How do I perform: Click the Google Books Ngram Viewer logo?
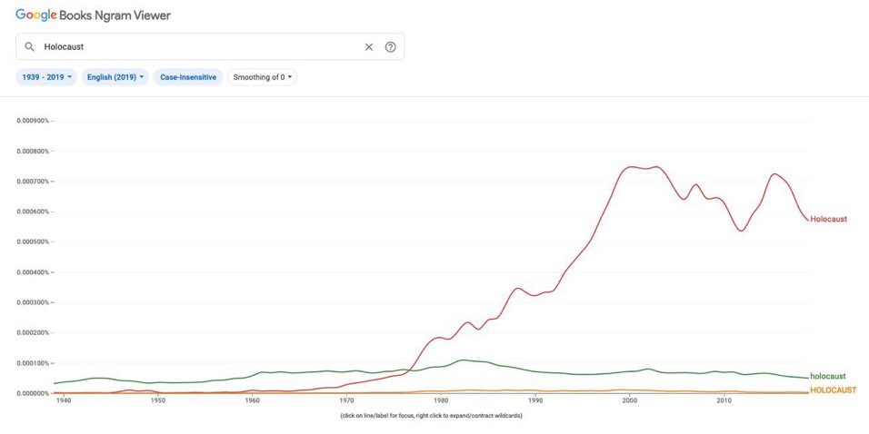[x=93, y=15]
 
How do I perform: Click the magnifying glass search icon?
[x=29, y=47]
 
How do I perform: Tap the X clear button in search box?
[x=369, y=47]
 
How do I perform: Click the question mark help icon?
[x=391, y=47]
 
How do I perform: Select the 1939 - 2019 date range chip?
[x=46, y=77]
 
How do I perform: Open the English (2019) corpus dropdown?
[x=115, y=77]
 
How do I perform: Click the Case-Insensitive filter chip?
[x=188, y=77]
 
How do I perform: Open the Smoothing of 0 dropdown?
[x=263, y=77]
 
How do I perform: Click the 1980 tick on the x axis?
[x=441, y=400]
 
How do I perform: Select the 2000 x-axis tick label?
[x=629, y=400]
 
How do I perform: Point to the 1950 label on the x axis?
[x=157, y=400]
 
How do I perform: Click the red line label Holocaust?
[x=828, y=219]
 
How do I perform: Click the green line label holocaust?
[x=827, y=376]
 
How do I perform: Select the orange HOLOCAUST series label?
[x=833, y=390]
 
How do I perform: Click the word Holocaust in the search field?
[x=64, y=47]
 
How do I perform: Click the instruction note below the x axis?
[x=431, y=416]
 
